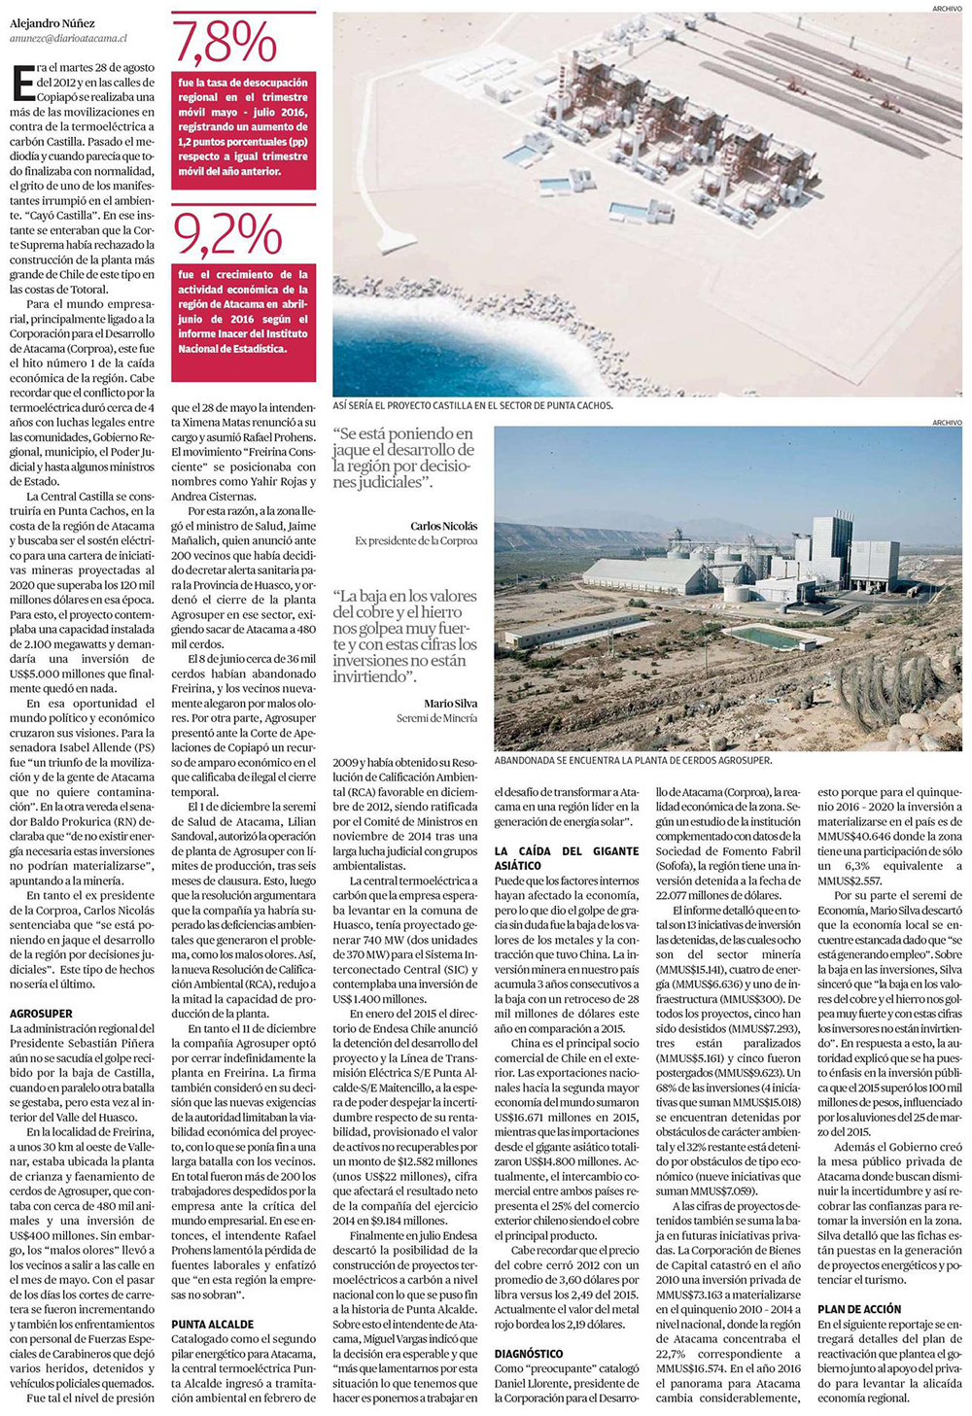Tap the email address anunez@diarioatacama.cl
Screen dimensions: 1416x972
(68, 38)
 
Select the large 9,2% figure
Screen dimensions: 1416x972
(227, 234)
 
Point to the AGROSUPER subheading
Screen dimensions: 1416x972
(42, 1013)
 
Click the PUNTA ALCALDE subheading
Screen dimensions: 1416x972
(213, 1324)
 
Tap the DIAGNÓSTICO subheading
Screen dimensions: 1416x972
(529, 1353)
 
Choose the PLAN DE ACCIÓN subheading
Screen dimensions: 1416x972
(859, 1309)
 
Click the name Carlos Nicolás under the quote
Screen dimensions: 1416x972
(444, 526)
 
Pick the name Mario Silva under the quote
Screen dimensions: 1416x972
(451, 703)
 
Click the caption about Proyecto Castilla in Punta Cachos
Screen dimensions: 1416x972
(472, 405)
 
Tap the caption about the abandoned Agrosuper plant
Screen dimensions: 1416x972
(633, 760)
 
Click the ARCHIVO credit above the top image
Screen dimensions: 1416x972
(947, 8)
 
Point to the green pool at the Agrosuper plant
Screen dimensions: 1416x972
(766, 636)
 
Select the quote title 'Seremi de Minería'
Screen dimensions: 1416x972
(437, 718)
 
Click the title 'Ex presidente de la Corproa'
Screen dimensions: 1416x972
(416, 541)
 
